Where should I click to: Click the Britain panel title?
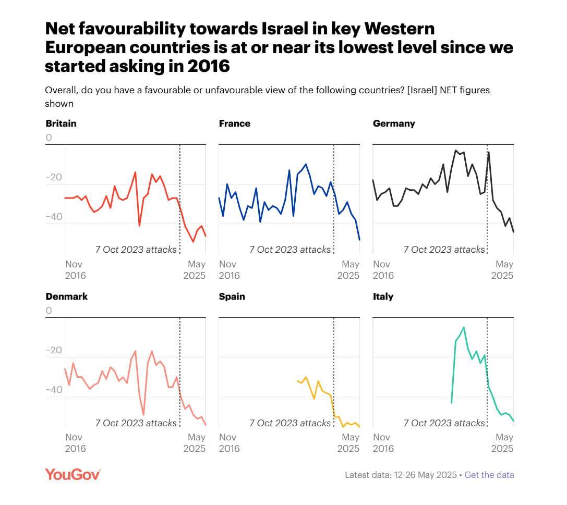tap(61, 124)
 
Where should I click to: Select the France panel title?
tap(234, 124)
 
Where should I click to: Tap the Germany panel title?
tap(394, 124)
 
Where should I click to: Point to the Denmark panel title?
tap(66, 297)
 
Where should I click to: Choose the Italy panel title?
tap(383, 297)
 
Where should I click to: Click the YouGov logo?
tap(73, 474)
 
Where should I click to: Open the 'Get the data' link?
tap(489, 475)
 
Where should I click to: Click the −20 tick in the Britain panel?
tap(53, 178)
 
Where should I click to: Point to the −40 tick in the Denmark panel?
tap(53, 390)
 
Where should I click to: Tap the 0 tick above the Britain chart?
tap(49, 138)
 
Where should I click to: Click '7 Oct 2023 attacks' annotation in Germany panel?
tap(444, 250)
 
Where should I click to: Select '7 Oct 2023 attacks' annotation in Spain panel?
tap(289, 423)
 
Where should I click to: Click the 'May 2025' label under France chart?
tap(349, 270)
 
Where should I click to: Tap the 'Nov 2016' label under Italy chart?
tap(383, 443)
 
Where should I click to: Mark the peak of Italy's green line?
tap(464, 327)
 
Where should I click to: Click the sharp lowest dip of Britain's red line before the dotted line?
tap(139, 226)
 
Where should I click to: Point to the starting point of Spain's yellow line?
tap(297, 381)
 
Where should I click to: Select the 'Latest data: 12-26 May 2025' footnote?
tap(400, 475)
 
